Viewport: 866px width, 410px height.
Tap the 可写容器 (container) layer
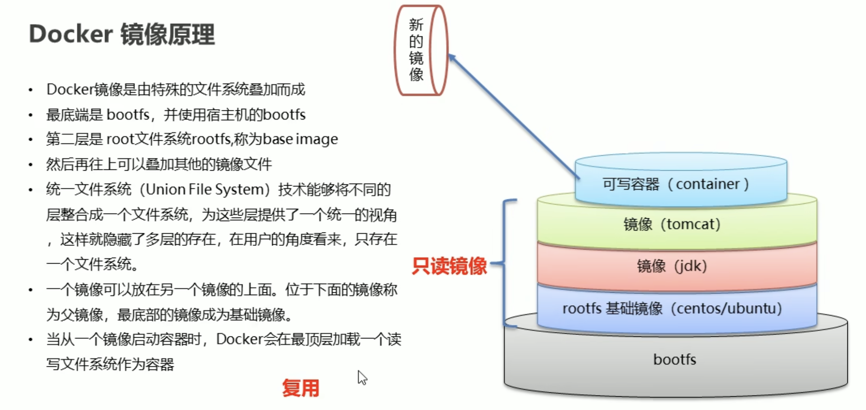click(680, 184)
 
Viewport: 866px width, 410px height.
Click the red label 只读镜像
click(449, 266)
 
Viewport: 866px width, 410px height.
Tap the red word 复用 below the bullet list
click(301, 388)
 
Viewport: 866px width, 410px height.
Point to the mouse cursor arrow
click(362, 377)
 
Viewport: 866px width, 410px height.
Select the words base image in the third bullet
click(300, 139)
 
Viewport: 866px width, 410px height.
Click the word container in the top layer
click(708, 184)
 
